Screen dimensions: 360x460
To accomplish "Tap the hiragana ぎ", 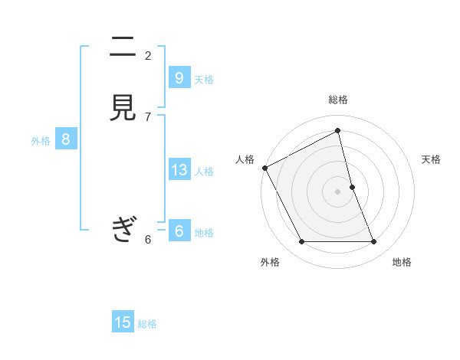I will [123, 228].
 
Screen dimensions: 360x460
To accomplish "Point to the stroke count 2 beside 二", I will [148, 55].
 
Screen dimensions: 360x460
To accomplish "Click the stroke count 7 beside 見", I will [148, 117].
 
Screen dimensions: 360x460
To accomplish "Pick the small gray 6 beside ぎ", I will [148, 240].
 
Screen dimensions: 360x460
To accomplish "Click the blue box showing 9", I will [179, 77].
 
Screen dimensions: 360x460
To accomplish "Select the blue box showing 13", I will [179, 169].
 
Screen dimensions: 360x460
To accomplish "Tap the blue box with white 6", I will [179, 231].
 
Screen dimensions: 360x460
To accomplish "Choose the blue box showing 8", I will [66, 139].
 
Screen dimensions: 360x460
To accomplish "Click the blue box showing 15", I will [123, 322].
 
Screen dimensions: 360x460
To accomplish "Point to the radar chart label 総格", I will [338, 100].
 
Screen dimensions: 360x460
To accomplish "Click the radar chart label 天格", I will [431, 159].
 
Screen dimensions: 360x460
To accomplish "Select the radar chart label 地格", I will [402, 262].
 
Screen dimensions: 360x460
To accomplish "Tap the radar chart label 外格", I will [270, 262].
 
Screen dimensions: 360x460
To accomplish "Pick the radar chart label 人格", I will [245, 159].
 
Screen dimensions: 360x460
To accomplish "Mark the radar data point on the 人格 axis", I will [264, 168].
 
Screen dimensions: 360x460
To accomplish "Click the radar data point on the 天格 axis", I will [352, 187].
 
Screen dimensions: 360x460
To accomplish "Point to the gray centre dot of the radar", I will [338, 191].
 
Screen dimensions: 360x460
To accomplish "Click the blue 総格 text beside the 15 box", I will [147, 324].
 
